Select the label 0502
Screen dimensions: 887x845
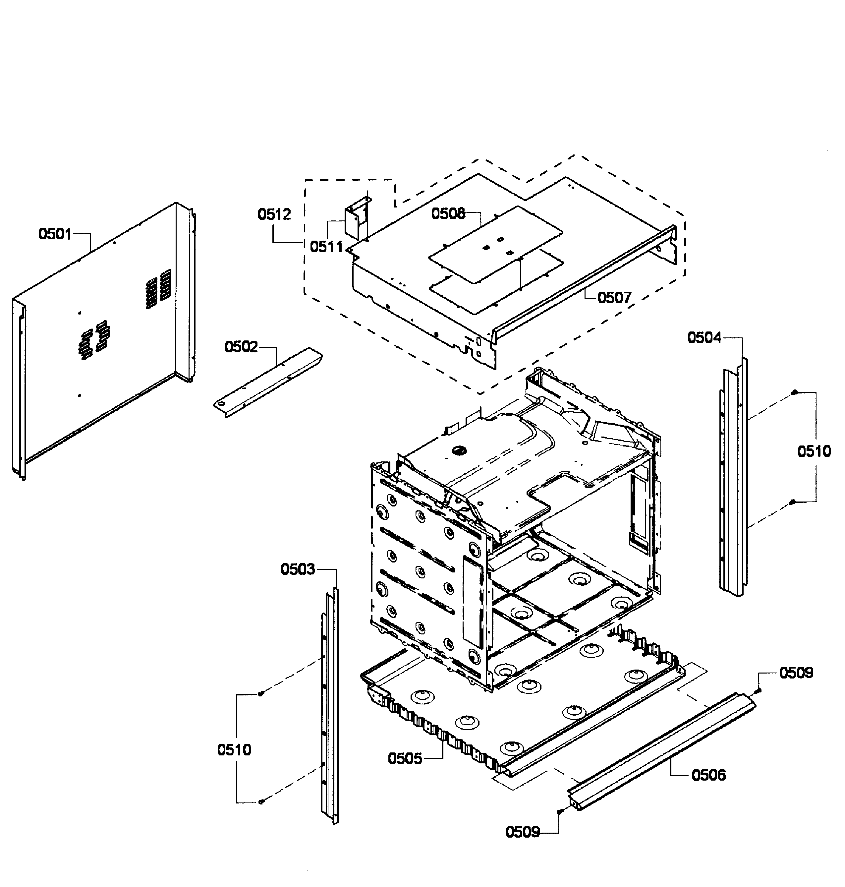241,347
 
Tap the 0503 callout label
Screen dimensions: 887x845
297,569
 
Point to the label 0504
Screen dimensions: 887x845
704,337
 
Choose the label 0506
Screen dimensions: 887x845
708,775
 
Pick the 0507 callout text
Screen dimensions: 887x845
614,298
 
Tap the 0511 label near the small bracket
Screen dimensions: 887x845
326,247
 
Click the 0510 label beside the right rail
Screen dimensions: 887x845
814,451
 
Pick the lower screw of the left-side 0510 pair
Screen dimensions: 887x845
261,802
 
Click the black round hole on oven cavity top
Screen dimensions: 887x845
459,449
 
